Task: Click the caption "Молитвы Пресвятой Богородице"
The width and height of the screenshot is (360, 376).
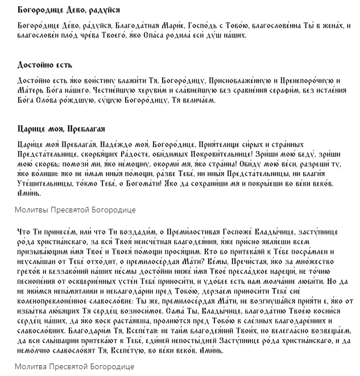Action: (75, 210)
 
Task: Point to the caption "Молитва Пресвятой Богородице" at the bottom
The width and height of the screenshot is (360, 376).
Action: (75, 367)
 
